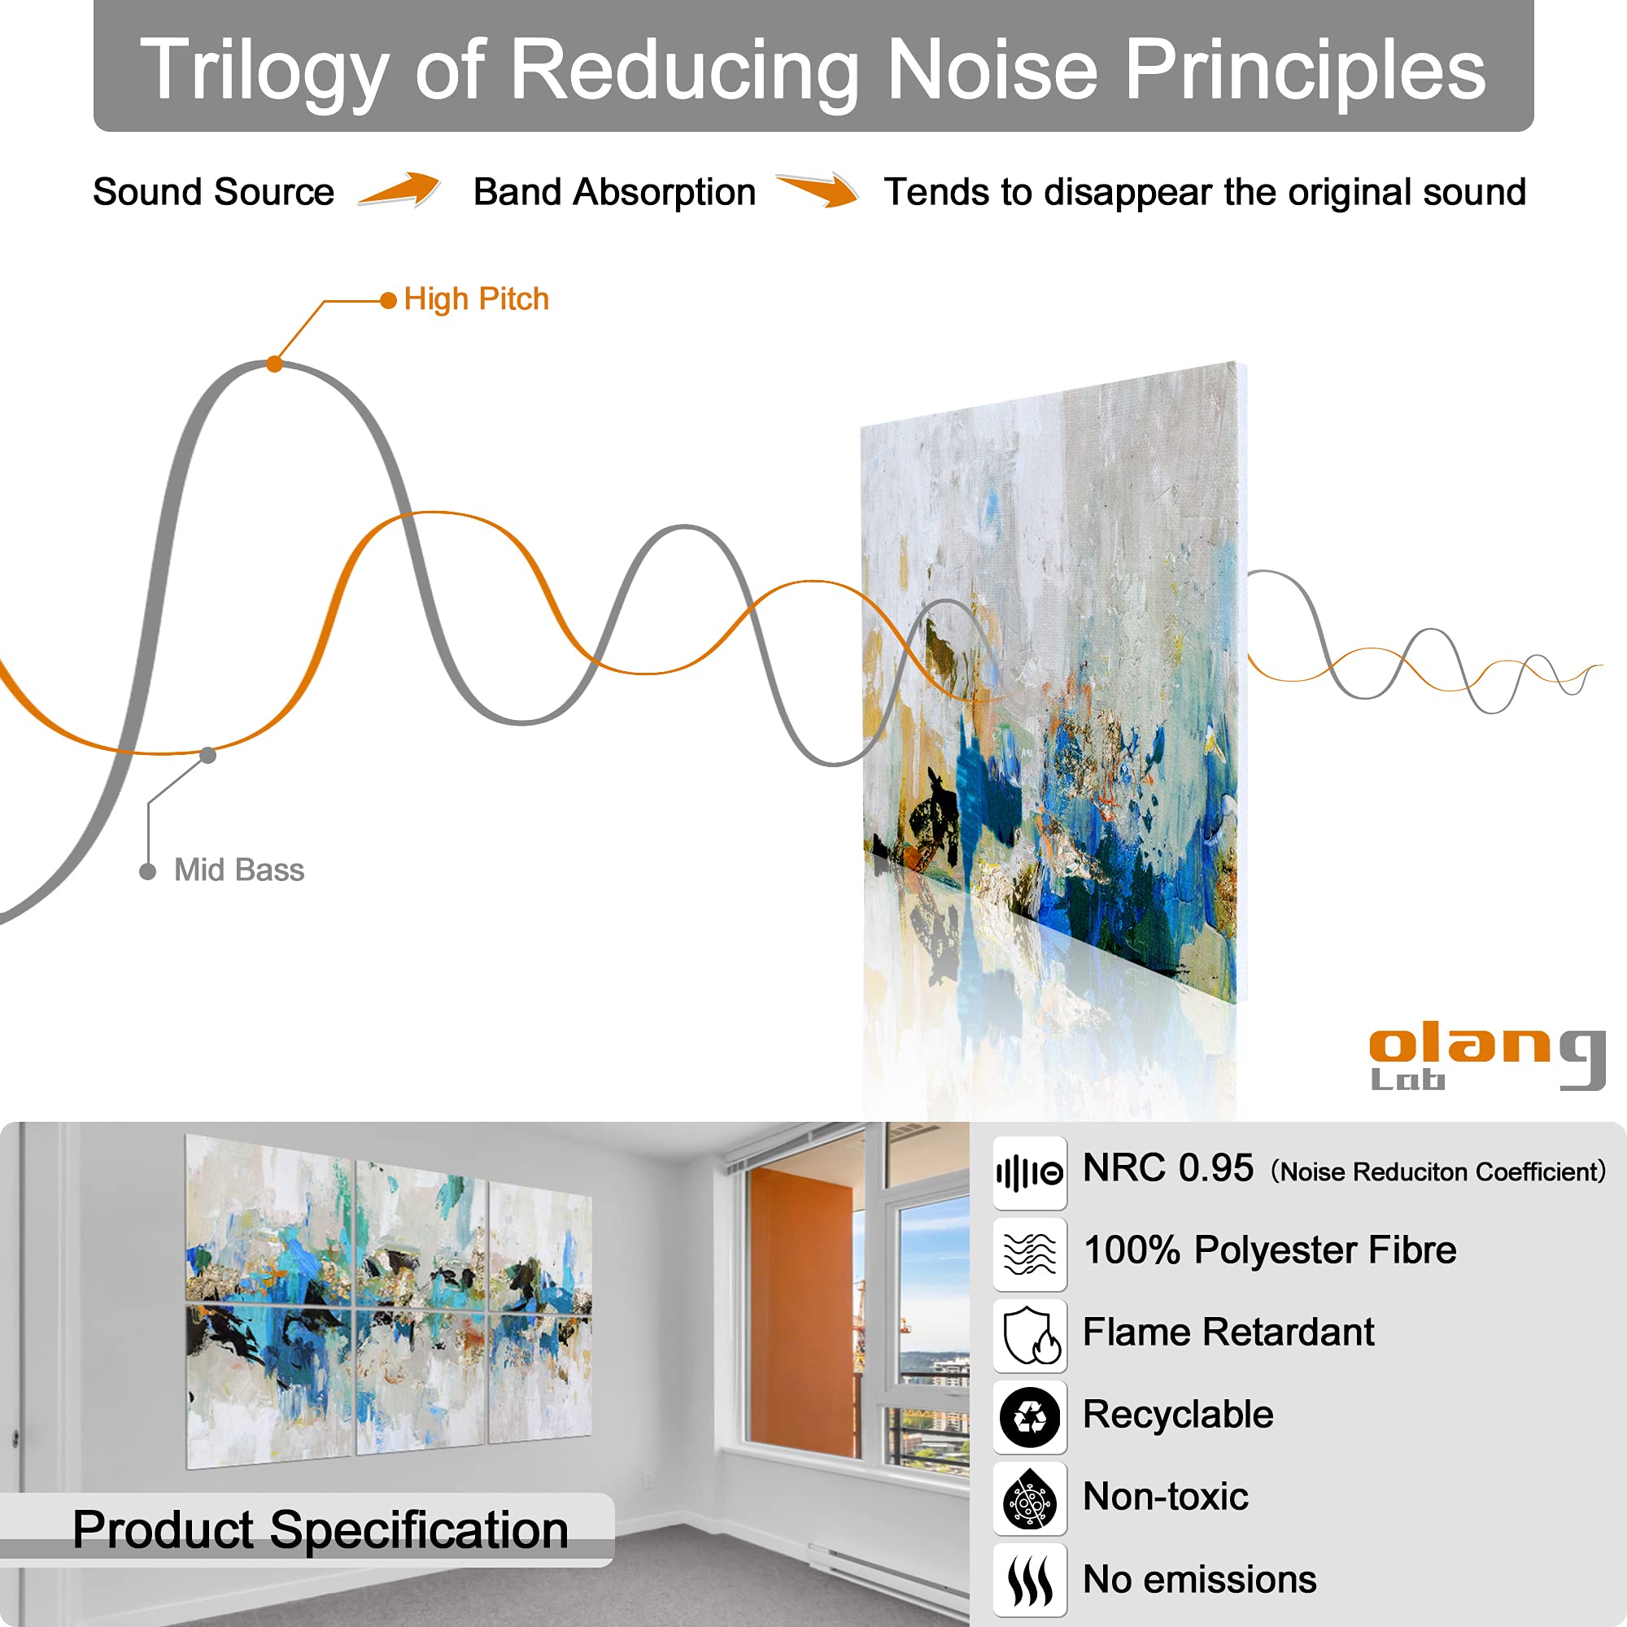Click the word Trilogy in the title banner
pyautogui.click(x=264, y=71)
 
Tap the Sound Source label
pyautogui.click(x=213, y=192)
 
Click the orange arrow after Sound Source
pyautogui.click(x=399, y=189)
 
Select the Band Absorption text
pyautogui.click(x=614, y=192)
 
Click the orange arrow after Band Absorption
pyautogui.click(x=817, y=190)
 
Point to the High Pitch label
pyautogui.click(x=476, y=299)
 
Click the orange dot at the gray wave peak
pyautogui.click(x=274, y=364)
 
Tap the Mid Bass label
pyautogui.click(x=238, y=870)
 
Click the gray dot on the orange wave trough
pyautogui.click(x=208, y=755)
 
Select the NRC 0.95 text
pyautogui.click(x=1168, y=1169)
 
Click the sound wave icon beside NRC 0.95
pyautogui.click(x=1029, y=1172)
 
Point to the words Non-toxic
pyautogui.click(x=1166, y=1497)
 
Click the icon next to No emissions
pyautogui.click(x=1029, y=1580)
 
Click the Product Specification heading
pyautogui.click(x=320, y=1529)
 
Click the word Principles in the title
pyautogui.click(x=1305, y=71)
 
